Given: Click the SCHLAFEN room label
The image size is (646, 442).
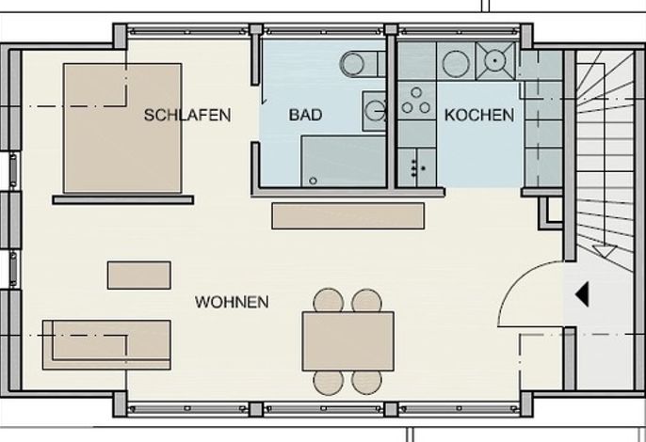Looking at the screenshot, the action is (187, 115).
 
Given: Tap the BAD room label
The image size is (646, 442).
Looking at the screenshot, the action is (305, 115).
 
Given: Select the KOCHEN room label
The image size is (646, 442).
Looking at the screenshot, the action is (479, 115).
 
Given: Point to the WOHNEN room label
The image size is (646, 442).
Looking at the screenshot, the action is (232, 302).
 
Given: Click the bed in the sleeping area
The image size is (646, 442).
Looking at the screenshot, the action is (122, 128).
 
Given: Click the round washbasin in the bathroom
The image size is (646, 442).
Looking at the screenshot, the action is (375, 111).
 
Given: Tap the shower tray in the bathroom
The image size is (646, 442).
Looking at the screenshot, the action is (343, 162).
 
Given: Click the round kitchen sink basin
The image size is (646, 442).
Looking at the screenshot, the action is (456, 64).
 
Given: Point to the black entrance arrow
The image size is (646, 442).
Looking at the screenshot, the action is (582, 294).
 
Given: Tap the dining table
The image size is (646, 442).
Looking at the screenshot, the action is (348, 341).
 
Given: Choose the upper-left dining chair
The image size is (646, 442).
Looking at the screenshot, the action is (329, 300).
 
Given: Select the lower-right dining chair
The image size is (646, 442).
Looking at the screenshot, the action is (366, 383).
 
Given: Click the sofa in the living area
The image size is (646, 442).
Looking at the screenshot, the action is (106, 345).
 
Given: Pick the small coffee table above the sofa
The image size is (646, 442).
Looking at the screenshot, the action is (139, 276).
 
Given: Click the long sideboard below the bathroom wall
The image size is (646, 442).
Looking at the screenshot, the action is (348, 215).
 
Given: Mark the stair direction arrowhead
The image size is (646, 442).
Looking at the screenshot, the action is (605, 251).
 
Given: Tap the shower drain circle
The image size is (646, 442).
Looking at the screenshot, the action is (313, 181).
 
